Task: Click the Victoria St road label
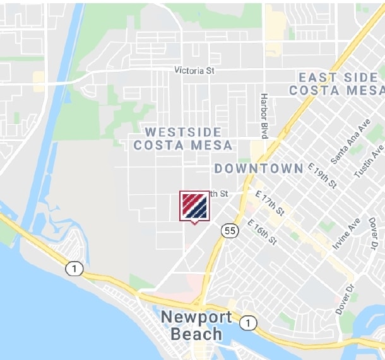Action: [194, 71]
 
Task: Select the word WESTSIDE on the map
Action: [183, 132]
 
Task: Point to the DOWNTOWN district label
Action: [259, 169]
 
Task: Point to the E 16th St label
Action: [262, 232]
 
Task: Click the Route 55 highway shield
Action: [230, 231]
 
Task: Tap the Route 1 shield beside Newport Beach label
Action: [248, 323]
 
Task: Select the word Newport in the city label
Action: [192, 316]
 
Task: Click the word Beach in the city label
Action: [198, 334]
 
